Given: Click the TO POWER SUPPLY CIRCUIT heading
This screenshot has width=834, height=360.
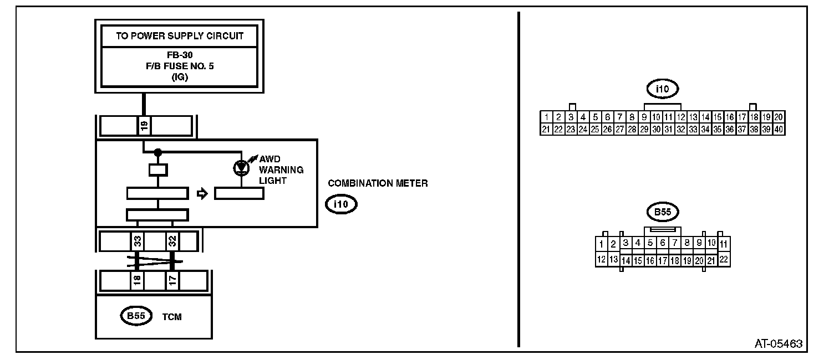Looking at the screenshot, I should (180, 37).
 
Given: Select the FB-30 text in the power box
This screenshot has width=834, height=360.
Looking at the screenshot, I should (180, 56).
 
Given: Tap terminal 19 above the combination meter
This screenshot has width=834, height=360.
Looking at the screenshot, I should (144, 126).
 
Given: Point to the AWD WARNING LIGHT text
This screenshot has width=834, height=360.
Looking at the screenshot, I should (281, 169).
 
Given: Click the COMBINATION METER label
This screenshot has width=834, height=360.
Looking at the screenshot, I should (378, 183).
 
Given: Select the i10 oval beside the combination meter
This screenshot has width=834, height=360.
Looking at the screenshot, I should (340, 204).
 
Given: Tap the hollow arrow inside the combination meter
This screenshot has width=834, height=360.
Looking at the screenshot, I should (202, 193).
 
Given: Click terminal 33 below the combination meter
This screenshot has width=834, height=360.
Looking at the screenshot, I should (137, 241).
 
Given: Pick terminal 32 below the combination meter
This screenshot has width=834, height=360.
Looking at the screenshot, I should (172, 241).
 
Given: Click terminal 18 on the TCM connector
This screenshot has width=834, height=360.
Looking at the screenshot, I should (137, 281).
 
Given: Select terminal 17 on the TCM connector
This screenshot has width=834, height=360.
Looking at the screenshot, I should (172, 281).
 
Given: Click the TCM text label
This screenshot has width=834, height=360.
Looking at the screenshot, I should (172, 317).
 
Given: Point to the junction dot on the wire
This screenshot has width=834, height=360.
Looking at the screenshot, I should (158, 151).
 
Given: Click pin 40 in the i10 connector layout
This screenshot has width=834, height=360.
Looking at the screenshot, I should (779, 129).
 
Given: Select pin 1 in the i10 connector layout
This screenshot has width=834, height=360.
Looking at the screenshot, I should (547, 117).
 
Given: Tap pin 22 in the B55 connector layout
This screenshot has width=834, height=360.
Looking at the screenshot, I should (724, 259).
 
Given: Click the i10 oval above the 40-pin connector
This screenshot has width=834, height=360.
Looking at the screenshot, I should (663, 88).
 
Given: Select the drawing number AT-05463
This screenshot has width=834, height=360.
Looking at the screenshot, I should (778, 343).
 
